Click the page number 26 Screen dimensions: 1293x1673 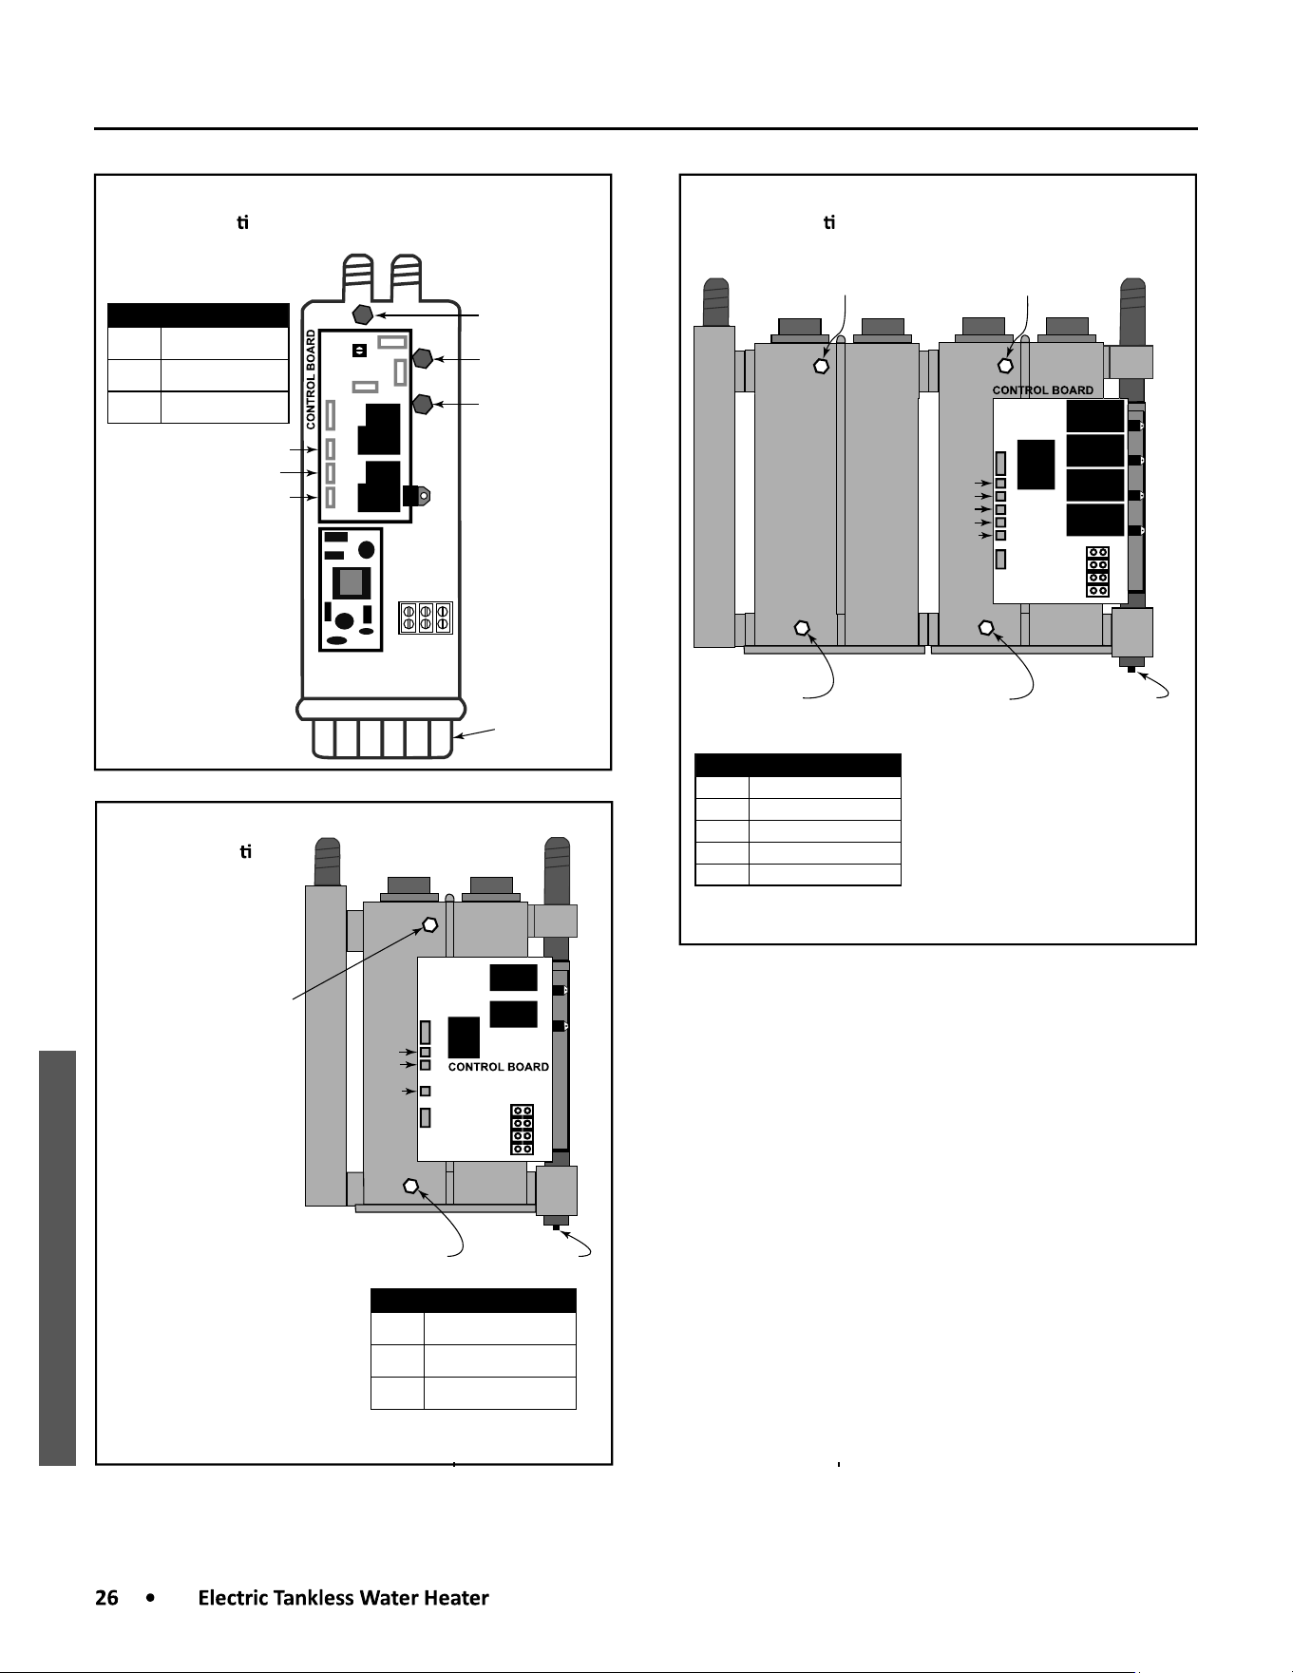106,1598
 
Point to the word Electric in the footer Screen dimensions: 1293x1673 233,1598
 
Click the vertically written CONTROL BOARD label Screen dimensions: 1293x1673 311,379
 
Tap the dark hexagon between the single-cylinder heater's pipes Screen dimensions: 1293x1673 362,314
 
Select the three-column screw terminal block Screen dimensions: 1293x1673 426,618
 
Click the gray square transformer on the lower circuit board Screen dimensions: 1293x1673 352,581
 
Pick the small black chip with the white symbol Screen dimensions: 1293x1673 359,351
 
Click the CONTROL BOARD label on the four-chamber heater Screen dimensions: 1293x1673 1043,390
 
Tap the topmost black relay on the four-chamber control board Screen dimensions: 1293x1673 1095,415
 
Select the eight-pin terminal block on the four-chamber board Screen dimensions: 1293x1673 1097,572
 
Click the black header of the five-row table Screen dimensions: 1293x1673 798,765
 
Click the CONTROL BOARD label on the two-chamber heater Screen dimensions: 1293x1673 499,1067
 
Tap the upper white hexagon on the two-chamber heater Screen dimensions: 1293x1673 429,923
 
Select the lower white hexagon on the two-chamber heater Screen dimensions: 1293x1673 411,1186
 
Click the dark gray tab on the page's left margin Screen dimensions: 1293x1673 57,1258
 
